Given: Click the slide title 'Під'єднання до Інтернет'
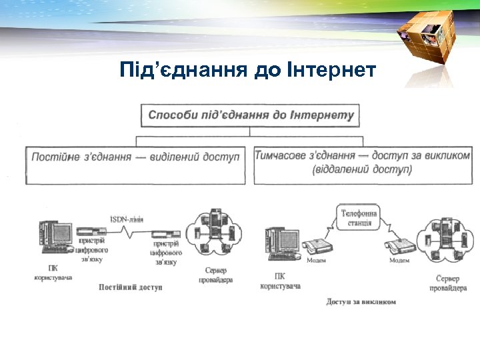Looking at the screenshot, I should click(x=248, y=69).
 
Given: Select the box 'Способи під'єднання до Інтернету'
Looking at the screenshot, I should click(x=251, y=115).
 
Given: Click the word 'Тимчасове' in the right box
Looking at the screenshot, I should click(x=281, y=155).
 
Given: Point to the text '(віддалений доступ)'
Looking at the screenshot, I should click(x=362, y=169).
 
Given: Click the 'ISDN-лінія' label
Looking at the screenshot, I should click(x=127, y=219).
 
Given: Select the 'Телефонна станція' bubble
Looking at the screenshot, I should click(x=359, y=218).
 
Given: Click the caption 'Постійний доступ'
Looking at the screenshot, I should click(x=131, y=287).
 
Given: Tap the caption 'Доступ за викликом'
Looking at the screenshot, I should click(x=361, y=301).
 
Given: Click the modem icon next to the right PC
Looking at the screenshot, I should click(x=319, y=245).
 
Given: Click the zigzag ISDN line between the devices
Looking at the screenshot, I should click(x=133, y=233).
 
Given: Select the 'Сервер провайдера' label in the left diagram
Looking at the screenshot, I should click(x=215, y=275).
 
